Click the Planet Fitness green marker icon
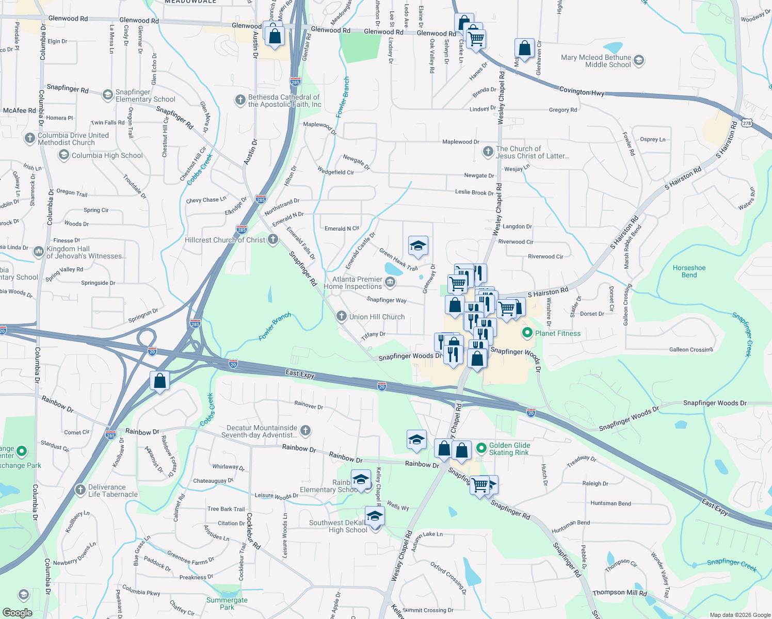[527, 333]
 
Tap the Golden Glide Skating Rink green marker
[481, 448]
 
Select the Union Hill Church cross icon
[341, 316]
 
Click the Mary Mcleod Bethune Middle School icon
[638, 61]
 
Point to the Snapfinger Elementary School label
[145, 95]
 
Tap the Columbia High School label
[107, 155]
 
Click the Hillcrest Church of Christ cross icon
[273, 239]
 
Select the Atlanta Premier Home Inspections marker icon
[390, 282]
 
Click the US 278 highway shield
[747, 123]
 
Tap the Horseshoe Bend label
[689, 271]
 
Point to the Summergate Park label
[227, 604]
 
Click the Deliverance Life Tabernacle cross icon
[80, 490]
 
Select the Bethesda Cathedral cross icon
[240, 100]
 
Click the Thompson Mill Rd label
[619, 593]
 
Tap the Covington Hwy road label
[582, 91]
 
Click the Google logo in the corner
[17, 613]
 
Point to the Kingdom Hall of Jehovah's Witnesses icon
[39, 252]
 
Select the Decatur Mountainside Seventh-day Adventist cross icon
[305, 431]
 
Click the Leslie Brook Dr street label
[474, 192]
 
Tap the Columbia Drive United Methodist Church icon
[29, 138]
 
